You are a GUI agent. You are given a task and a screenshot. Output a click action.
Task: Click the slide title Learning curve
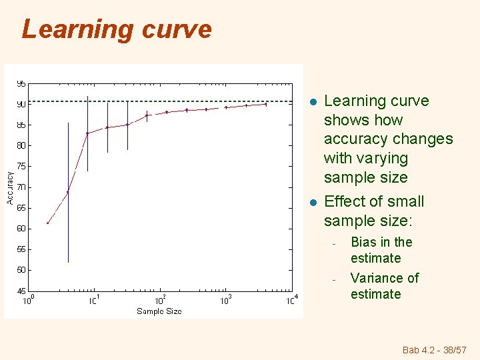coord(117,29)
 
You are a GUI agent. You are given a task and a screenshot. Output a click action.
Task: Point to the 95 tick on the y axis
coord(21,84)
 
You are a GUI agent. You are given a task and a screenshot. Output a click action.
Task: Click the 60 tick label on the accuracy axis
coord(21,229)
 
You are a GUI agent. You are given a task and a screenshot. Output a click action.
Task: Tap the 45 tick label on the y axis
coord(21,291)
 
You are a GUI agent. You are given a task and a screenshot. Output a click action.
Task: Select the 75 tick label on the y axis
coord(21,166)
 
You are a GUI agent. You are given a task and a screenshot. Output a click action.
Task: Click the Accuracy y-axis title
coord(10,187)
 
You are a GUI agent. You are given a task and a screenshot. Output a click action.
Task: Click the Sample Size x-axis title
coord(159,311)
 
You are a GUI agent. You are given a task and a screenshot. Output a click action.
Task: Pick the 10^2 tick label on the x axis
coord(160,301)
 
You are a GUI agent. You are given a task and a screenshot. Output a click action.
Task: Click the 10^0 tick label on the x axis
coord(29,301)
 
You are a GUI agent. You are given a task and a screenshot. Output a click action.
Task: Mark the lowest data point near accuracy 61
coord(47,223)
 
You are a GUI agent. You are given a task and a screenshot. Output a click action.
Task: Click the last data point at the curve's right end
coord(266,104)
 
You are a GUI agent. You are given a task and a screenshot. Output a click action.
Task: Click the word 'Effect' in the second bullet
coord(345,201)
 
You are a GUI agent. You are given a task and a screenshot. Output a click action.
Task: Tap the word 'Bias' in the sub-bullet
coord(363,242)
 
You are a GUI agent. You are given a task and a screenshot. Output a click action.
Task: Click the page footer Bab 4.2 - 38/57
coord(435,350)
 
